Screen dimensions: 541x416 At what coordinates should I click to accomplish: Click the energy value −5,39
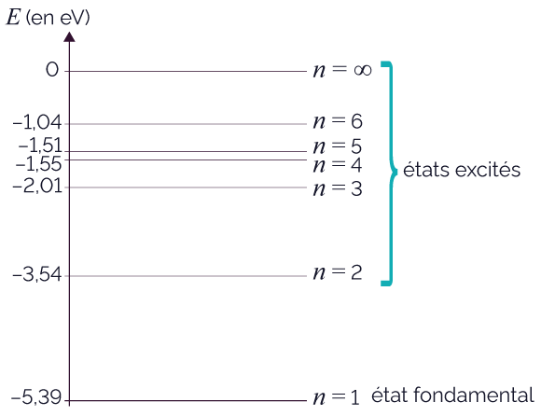click(x=36, y=397)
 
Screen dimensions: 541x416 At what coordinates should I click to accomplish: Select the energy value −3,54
click(x=37, y=275)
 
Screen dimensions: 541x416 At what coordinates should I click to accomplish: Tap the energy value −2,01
click(x=37, y=187)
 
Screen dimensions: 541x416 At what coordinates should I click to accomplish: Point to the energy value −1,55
click(x=38, y=164)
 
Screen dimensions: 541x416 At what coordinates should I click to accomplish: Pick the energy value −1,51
click(x=40, y=146)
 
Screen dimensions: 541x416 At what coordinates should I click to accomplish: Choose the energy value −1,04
click(x=37, y=122)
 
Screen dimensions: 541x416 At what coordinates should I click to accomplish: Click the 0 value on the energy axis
click(x=52, y=70)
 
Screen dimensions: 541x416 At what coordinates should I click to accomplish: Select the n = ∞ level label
click(x=342, y=70)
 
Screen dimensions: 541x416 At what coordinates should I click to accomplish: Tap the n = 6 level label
click(x=338, y=121)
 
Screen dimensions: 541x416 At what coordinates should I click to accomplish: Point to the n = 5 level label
click(x=338, y=146)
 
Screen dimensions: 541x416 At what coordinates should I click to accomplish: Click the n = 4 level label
click(x=338, y=165)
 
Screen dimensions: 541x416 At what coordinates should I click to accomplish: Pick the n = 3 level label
click(x=338, y=188)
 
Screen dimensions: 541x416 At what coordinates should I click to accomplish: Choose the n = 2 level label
click(x=338, y=272)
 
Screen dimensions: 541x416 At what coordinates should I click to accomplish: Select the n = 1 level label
click(x=336, y=397)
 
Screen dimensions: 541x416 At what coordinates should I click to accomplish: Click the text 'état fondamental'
click(x=452, y=395)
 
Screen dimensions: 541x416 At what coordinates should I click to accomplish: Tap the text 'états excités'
click(x=462, y=170)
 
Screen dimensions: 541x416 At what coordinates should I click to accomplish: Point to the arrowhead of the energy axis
click(x=69, y=36)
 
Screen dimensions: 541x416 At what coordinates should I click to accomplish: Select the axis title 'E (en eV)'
click(x=48, y=17)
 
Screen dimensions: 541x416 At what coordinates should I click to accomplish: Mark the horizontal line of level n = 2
click(x=187, y=276)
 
